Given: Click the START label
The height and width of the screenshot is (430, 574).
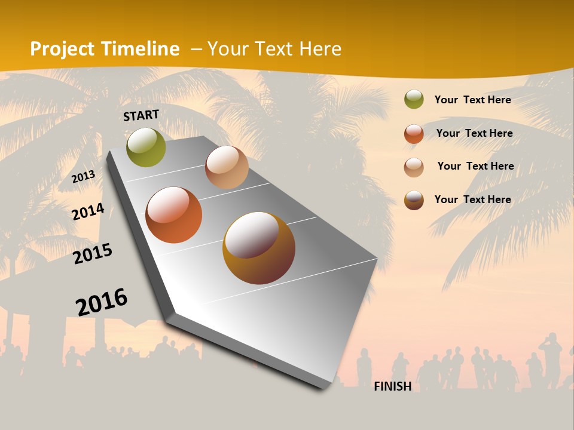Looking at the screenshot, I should click(x=141, y=115).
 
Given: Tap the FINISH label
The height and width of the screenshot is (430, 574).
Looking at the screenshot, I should click(x=393, y=386).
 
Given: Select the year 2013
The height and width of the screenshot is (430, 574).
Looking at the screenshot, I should click(x=84, y=176).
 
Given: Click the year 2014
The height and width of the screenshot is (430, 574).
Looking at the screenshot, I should click(x=88, y=211).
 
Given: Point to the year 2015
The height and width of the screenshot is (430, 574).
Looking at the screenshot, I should click(x=93, y=254).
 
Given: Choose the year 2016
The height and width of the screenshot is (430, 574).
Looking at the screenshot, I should click(x=102, y=302).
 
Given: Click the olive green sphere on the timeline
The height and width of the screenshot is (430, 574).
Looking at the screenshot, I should click(x=146, y=147).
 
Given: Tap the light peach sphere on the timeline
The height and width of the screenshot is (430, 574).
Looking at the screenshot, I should click(x=227, y=167).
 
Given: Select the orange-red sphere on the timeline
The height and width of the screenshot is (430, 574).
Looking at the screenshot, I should click(x=174, y=215).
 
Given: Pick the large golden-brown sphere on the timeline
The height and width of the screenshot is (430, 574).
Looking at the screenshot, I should click(x=259, y=248).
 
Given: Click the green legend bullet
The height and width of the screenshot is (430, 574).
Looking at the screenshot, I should click(x=414, y=100).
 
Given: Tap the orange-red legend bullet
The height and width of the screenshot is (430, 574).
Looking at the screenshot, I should click(x=414, y=134).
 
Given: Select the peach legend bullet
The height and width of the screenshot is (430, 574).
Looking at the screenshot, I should click(x=414, y=167).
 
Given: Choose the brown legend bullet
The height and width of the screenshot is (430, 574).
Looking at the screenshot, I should click(x=414, y=200).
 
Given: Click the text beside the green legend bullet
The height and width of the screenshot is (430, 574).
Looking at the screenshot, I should click(x=472, y=100).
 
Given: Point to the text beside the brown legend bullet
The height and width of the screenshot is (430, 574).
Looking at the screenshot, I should click(x=472, y=199).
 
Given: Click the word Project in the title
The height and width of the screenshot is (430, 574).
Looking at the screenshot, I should click(x=63, y=49).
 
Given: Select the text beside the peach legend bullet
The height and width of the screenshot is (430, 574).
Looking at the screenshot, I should click(x=475, y=166).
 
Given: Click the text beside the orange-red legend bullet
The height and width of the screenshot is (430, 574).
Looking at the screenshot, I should click(x=474, y=133).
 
